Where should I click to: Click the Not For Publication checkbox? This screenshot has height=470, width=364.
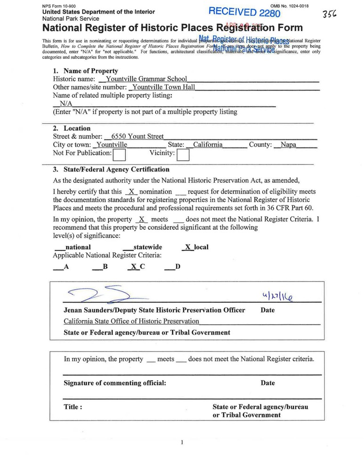(x=119, y=154)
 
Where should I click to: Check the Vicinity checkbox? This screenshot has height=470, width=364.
(x=183, y=154)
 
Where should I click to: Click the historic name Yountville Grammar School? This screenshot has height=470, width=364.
(x=146, y=79)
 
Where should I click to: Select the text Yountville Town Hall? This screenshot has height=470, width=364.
(x=163, y=87)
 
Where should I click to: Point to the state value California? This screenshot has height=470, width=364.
(x=208, y=145)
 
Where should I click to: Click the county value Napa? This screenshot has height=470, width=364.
(x=288, y=145)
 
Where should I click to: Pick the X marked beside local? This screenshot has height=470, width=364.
(x=187, y=247)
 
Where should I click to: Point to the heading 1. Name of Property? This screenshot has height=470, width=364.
(x=85, y=71)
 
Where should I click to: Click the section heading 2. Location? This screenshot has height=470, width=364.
(x=72, y=128)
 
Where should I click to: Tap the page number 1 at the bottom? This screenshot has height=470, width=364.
(x=181, y=442)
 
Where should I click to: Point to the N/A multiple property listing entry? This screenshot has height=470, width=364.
(x=66, y=103)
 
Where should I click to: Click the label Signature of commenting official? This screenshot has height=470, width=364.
(x=115, y=383)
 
